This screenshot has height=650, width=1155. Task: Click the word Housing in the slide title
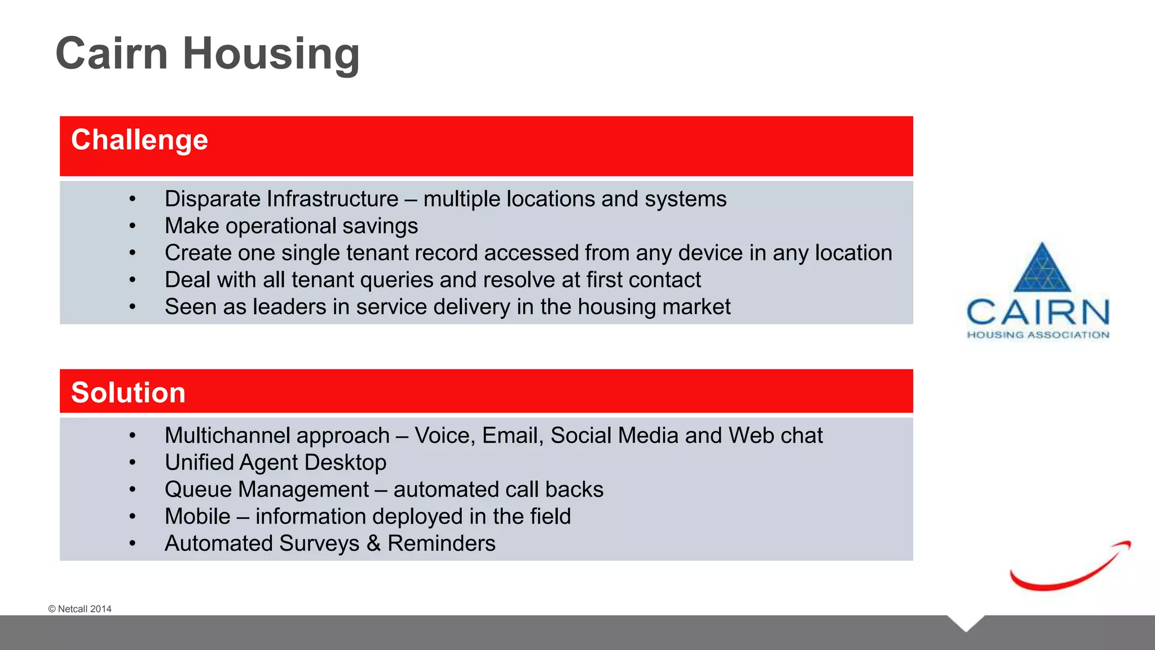pyautogui.click(x=271, y=54)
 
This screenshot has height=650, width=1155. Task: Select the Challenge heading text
pyautogui.click(x=139, y=140)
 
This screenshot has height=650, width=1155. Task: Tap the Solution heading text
pyautogui.click(x=128, y=393)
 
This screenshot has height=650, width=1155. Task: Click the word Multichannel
pyautogui.click(x=277, y=436)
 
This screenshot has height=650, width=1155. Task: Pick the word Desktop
pyautogui.click(x=350, y=463)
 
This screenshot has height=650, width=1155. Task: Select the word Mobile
pyautogui.click(x=197, y=517)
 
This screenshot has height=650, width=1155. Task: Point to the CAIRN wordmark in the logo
pyautogui.click(x=1038, y=312)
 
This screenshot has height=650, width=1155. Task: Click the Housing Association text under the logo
pyautogui.click(x=1038, y=335)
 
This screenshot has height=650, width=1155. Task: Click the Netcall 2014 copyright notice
pyautogui.click(x=80, y=609)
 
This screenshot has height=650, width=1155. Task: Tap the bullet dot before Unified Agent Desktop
pyautogui.click(x=132, y=463)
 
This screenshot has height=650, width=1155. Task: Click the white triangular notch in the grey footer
pyautogui.click(x=966, y=622)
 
